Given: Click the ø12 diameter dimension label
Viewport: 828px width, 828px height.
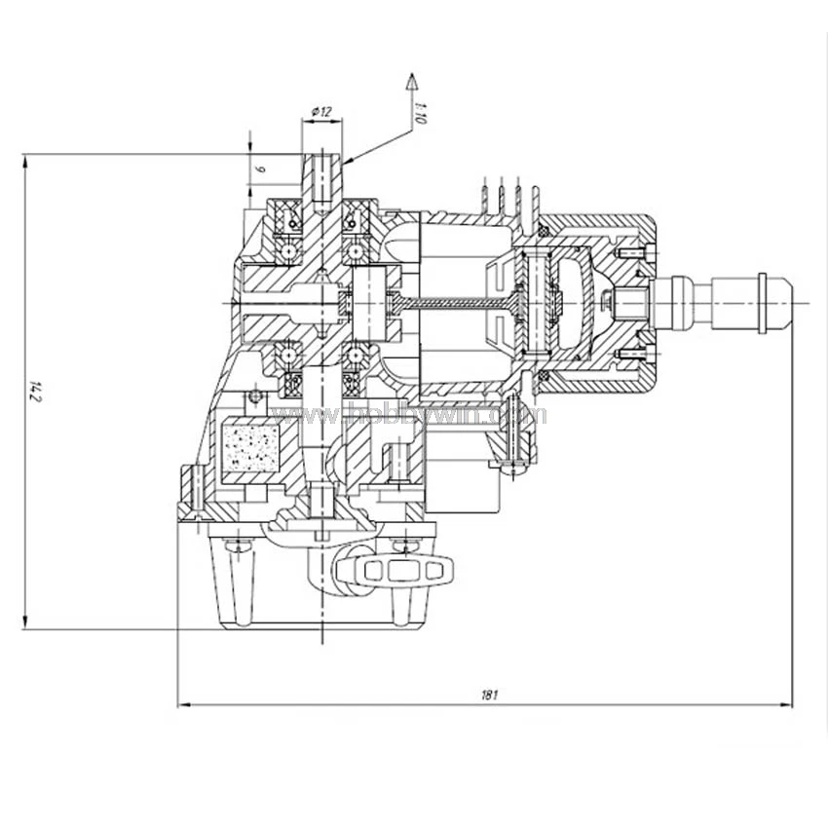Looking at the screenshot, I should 320,113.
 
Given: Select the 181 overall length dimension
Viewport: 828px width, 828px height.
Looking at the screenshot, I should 489,695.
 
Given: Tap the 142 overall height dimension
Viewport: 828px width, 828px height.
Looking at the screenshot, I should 36,392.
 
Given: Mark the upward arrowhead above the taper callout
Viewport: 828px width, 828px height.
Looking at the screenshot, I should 411,80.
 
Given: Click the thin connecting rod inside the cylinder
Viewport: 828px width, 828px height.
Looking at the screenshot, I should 458,305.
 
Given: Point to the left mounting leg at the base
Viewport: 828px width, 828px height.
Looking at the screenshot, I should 237,584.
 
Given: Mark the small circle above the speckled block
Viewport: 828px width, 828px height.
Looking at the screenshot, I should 256,396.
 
